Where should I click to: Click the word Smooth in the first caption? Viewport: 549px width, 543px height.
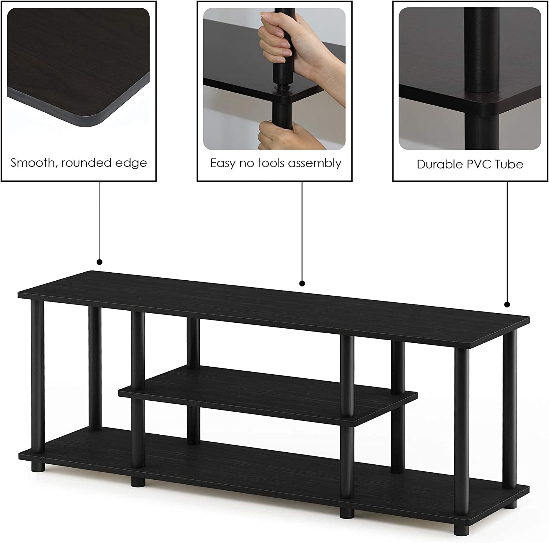[31, 162]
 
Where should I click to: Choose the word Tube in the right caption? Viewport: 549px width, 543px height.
[509, 164]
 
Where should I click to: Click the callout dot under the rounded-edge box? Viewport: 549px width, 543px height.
[100, 262]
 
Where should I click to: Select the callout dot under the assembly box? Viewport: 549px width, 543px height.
[302, 283]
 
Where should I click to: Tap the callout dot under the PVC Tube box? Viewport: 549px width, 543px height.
[507, 304]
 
